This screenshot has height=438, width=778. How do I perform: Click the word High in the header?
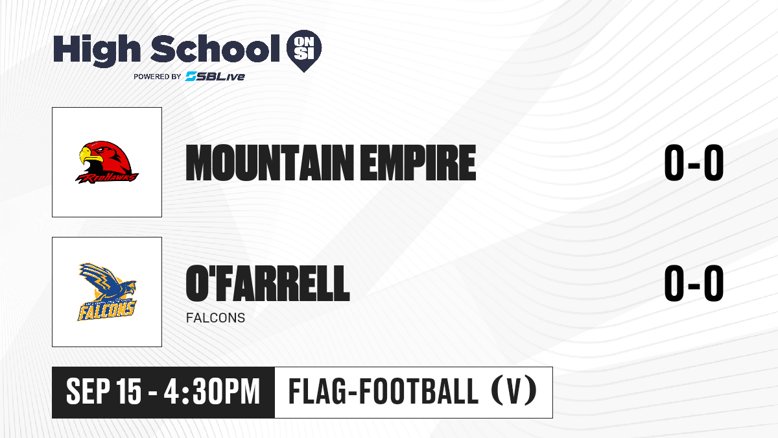pyautogui.click(x=97, y=50)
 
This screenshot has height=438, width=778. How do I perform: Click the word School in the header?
pyautogui.click(x=215, y=48)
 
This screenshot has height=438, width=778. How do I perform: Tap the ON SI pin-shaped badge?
pyautogui.click(x=304, y=51)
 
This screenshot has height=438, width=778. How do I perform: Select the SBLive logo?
pyautogui.click(x=215, y=76)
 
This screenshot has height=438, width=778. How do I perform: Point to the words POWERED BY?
pyautogui.click(x=158, y=77)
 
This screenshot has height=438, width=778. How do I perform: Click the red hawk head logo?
pyautogui.click(x=107, y=162)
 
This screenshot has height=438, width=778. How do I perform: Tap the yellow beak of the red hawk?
pyautogui.click(x=89, y=155)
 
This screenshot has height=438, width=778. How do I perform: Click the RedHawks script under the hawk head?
pyautogui.click(x=107, y=178)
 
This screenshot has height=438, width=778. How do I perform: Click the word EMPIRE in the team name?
pyautogui.click(x=418, y=163)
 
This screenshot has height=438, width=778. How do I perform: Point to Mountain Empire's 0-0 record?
pyautogui.click(x=694, y=162)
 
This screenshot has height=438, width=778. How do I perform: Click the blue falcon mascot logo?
pyautogui.click(x=107, y=292)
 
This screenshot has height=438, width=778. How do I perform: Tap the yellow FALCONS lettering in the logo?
pyautogui.click(x=106, y=310)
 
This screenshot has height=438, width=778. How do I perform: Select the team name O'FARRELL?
pyautogui.click(x=268, y=283)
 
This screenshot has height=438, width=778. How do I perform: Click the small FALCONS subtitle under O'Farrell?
pyautogui.click(x=215, y=318)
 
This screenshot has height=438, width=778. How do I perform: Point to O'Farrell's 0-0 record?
pyautogui.click(x=694, y=283)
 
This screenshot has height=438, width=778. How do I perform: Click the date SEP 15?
pyautogui.click(x=104, y=392)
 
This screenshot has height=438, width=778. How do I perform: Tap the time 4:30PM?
pyautogui.click(x=212, y=392)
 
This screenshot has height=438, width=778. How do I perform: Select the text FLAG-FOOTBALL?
pyautogui.click(x=383, y=391)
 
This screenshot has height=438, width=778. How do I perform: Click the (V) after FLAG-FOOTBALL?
pyautogui.click(x=514, y=391)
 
